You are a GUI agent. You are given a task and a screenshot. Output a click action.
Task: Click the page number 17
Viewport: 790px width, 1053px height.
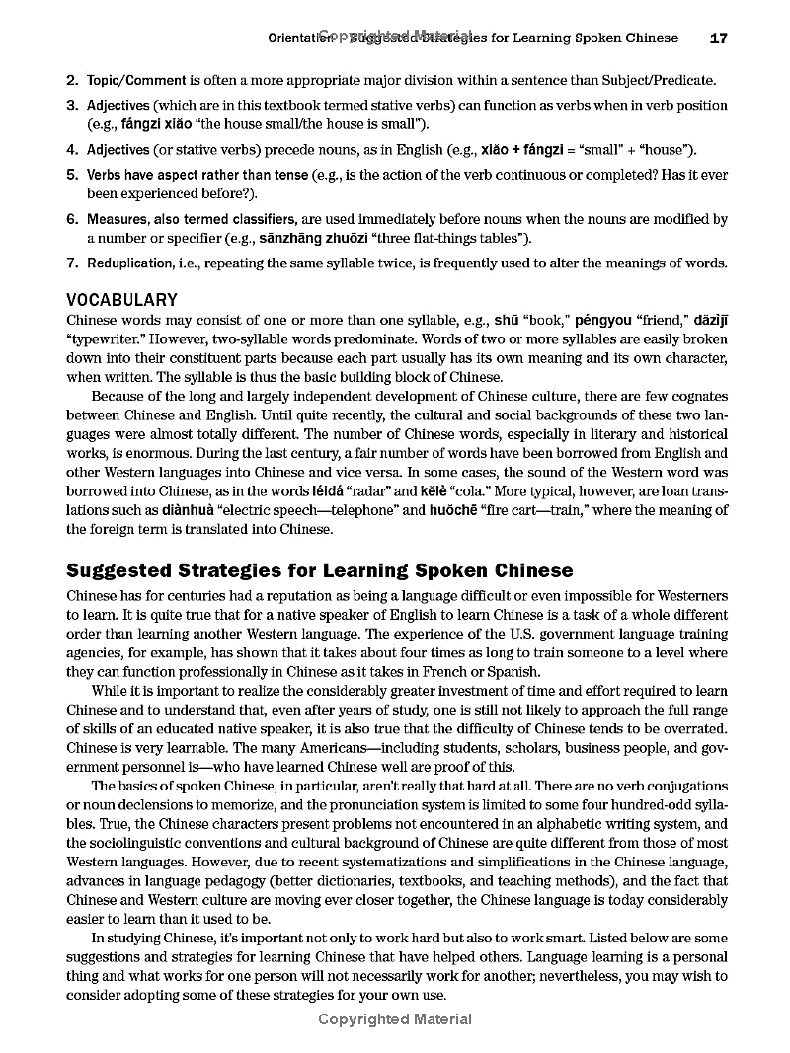[x=718, y=38]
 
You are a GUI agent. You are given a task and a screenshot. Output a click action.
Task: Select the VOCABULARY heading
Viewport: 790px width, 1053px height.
[x=121, y=300]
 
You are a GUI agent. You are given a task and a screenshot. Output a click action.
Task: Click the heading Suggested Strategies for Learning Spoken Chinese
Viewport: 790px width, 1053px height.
[x=319, y=570]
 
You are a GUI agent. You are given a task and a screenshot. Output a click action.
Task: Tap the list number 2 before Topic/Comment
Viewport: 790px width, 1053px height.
[x=72, y=81]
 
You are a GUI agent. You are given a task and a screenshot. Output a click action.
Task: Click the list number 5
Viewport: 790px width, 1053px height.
[x=72, y=175]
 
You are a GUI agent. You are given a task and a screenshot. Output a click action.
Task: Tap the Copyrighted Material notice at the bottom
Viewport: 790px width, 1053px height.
[x=395, y=1019]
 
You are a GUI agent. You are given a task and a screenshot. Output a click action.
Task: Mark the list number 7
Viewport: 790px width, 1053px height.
[x=72, y=263]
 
